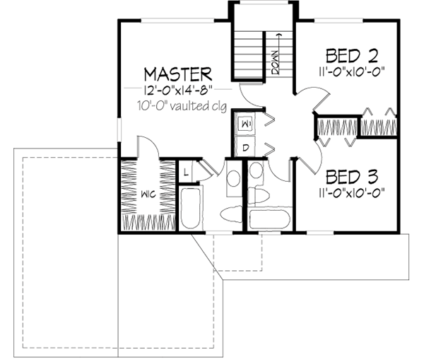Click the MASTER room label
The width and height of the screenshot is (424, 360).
point(177,74)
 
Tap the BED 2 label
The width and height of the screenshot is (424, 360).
point(350,55)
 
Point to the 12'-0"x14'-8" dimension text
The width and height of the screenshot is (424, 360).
point(177,91)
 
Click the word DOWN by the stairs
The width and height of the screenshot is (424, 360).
point(274,62)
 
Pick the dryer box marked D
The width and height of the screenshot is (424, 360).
point(246,147)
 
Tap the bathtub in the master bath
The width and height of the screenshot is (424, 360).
point(189,207)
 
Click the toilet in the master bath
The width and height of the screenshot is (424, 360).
point(230,213)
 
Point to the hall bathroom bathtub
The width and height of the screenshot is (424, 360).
point(268,219)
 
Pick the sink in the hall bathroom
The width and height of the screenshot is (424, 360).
point(256,170)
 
